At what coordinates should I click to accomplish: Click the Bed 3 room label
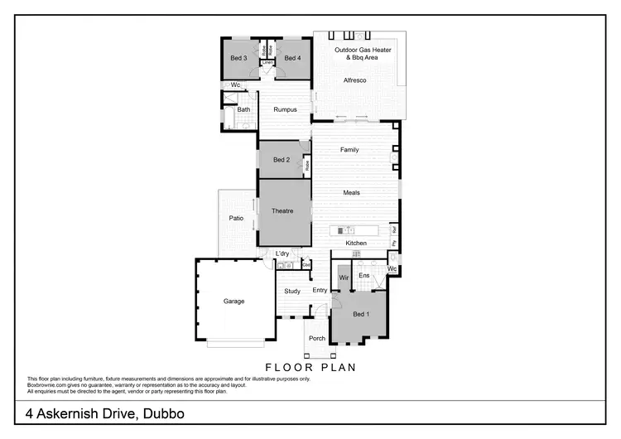click(238, 58)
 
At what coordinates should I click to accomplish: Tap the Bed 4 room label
click(292, 58)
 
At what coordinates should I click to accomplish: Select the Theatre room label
click(282, 211)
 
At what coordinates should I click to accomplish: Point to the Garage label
click(233, 302)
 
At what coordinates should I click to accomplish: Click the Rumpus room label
click(285, 109)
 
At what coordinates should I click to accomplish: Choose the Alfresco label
click(356, 80)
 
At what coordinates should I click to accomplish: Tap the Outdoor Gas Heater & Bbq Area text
click(363, 55)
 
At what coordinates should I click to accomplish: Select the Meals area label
click(352, 192)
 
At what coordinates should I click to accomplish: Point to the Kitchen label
click(356, 243)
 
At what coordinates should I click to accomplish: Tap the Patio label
click(235, 219)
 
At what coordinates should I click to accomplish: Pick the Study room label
click(291, 291)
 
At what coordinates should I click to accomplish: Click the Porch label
click(316, 338)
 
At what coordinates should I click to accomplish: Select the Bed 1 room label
click(361, 315)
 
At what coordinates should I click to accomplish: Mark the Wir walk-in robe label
click(344, 277)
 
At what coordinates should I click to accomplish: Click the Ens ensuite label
click(363, 275)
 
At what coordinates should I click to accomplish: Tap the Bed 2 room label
click(281, 160)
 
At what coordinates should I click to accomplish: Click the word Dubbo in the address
click(161, 412)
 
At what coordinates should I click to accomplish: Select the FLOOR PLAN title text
click(310, 367)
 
